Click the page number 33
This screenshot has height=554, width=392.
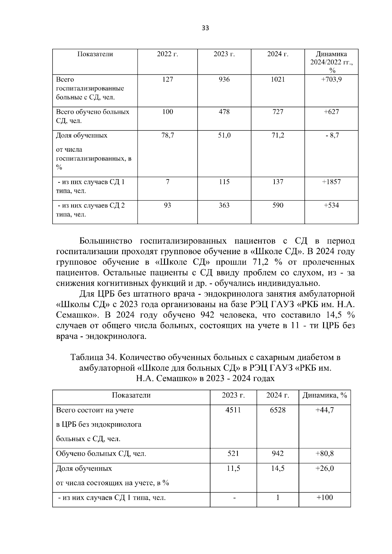(x=205, y=28)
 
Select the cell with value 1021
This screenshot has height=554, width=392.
(x=278, y=79)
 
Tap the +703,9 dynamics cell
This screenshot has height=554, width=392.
(x=331, y=79)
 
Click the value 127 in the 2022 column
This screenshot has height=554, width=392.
(x=167, y=79)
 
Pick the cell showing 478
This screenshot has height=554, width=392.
(x=224, y=112)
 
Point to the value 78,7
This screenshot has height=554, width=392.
(x=167, y=135)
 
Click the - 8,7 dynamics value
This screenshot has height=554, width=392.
(x=332, y=135)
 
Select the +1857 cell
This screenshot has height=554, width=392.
(x=331, y=182)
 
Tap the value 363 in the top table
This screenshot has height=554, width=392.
(x=224, y=205)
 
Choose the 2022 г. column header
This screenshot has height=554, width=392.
(x=167, y=54)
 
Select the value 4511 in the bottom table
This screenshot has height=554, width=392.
(x=233, y=410)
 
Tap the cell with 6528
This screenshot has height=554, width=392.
(x=278, y=410)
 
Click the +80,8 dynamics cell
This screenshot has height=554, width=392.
(x=324, y=454)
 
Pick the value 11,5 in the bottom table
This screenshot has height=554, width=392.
(x=233, y=468)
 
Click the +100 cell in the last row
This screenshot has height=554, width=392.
(x=324, y=498)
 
